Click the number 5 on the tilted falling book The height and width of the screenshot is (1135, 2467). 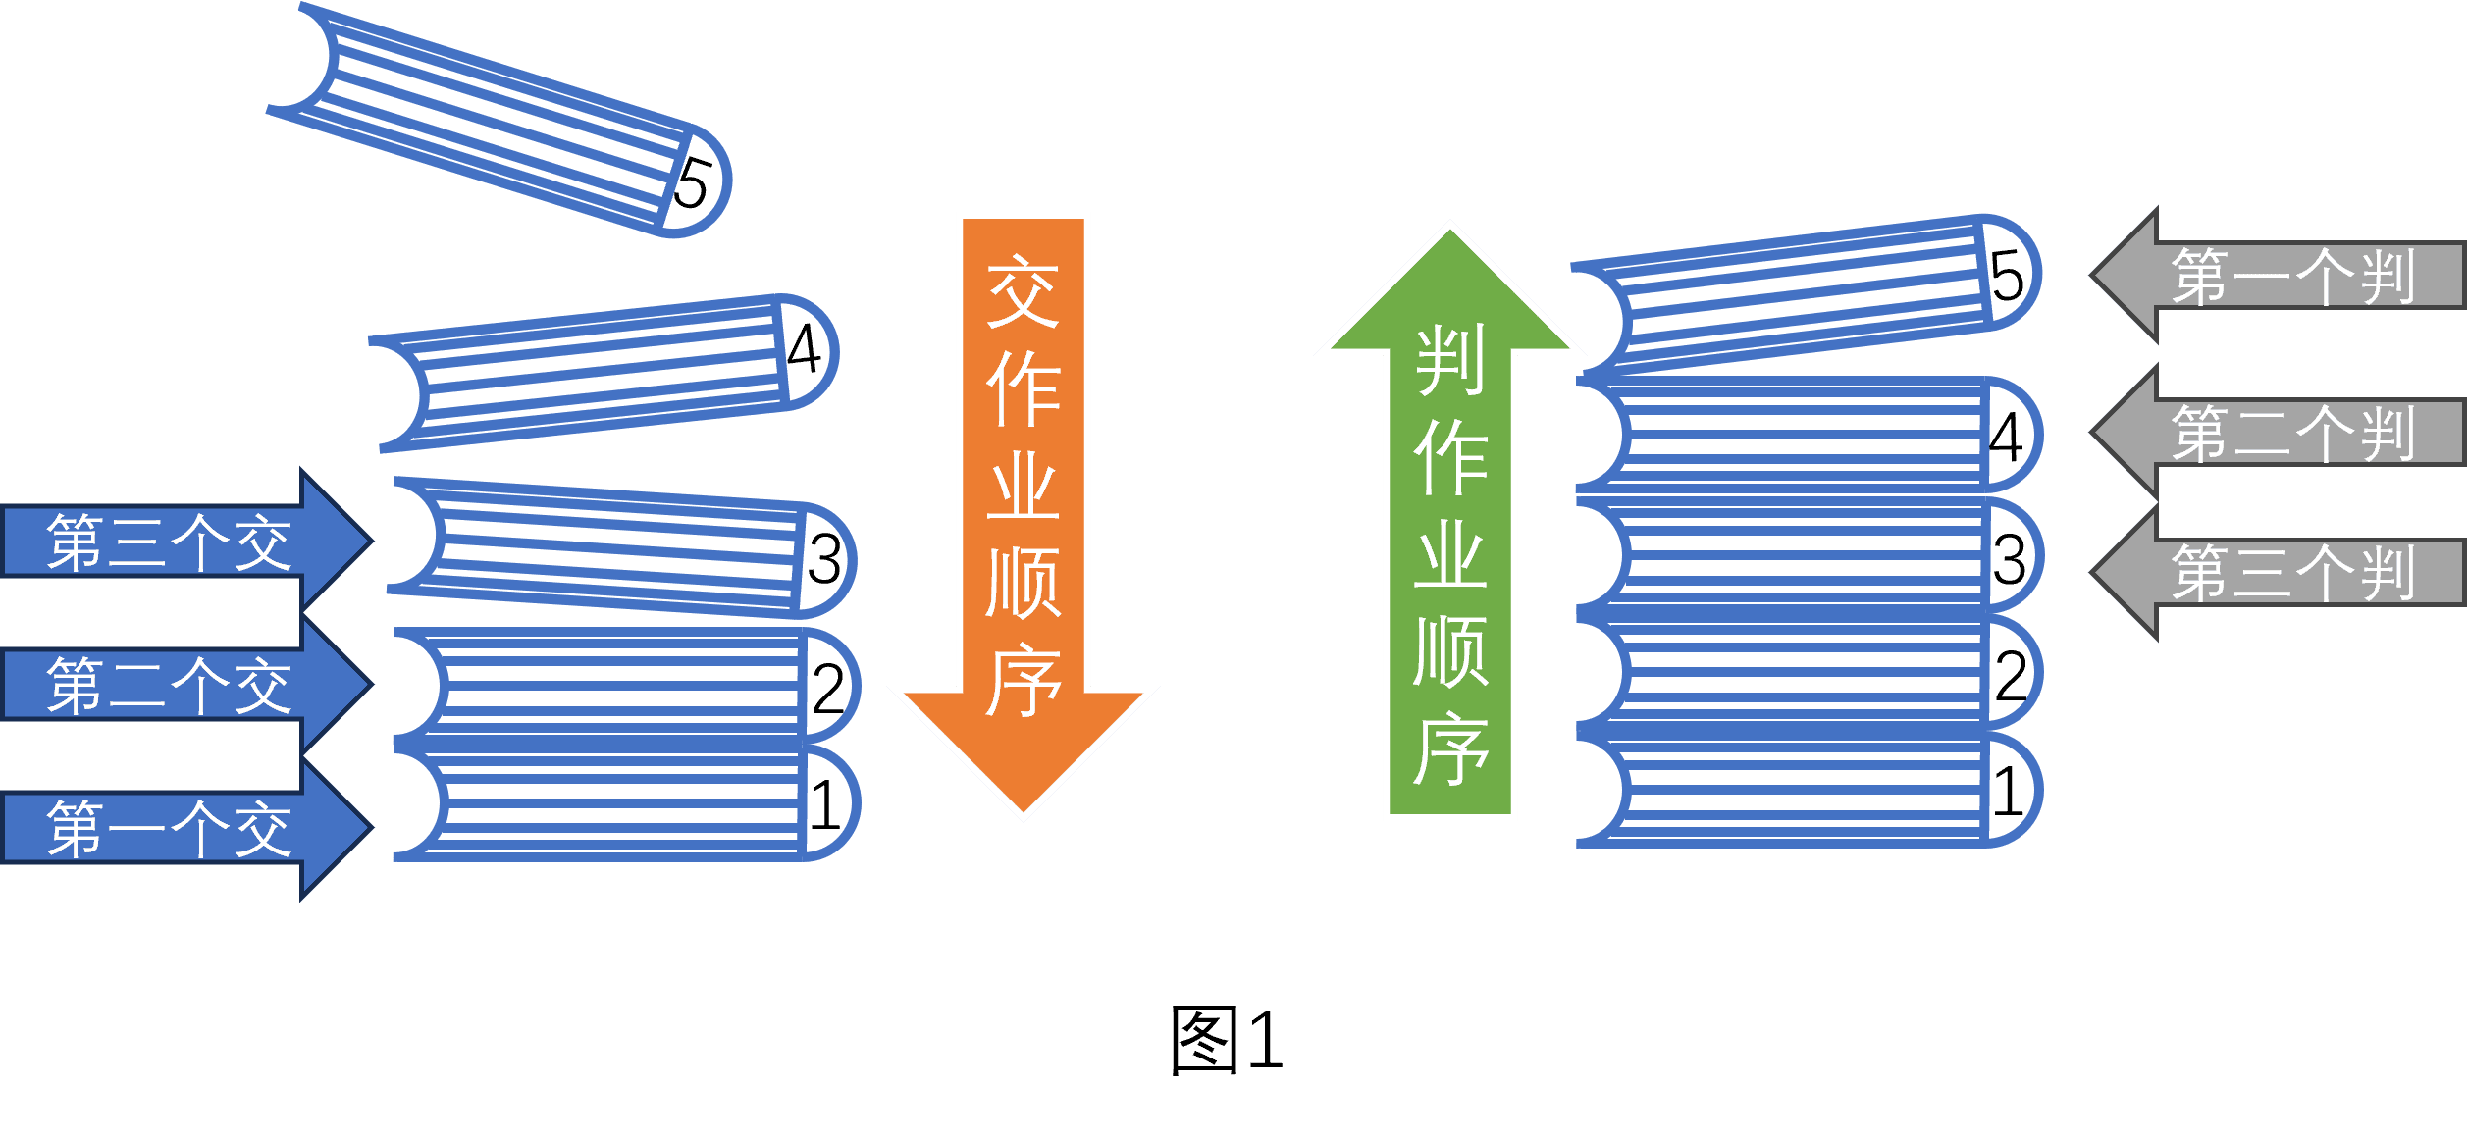[692, 183]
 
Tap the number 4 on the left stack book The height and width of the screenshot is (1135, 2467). [804, 347]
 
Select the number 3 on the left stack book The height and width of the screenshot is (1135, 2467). [824, 559]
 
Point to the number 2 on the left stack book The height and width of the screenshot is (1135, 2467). [828, 689]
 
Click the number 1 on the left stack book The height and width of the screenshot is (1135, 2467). [825, 805]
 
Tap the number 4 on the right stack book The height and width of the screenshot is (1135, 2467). [2006, 438]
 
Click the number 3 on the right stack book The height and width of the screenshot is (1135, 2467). [2010, 559]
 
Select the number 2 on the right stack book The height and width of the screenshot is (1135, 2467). [2011, 676]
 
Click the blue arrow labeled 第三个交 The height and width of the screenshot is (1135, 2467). [186, 541]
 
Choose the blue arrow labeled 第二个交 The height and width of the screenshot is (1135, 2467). [186, 684]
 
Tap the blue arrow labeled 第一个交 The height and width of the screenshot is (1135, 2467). [186, 828]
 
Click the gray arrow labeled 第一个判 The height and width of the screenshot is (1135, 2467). [2277, 276]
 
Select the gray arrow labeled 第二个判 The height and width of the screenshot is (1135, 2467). [2277, 432]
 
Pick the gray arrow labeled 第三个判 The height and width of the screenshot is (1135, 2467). [2277, 572]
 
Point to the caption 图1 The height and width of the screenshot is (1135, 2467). [1227, 1040]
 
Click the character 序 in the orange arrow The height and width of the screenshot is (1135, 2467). [1024, 680]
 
